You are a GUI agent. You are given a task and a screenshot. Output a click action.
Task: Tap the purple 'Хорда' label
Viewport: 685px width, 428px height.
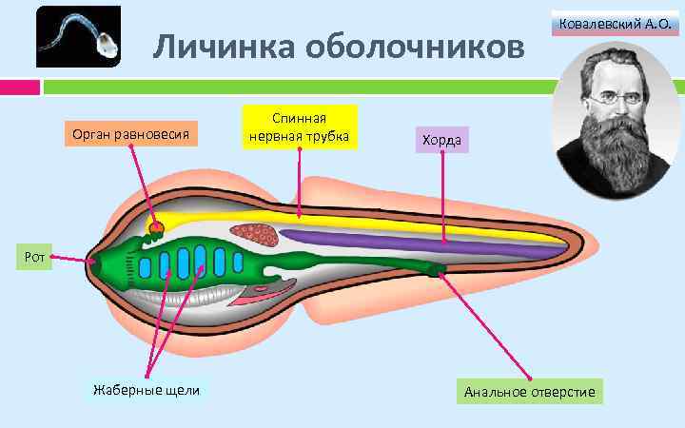point(442,141)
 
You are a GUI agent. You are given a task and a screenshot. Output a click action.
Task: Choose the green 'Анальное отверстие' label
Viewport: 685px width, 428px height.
point(530,392)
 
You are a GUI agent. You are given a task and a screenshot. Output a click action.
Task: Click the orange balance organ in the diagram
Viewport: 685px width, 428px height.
point(156,227)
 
